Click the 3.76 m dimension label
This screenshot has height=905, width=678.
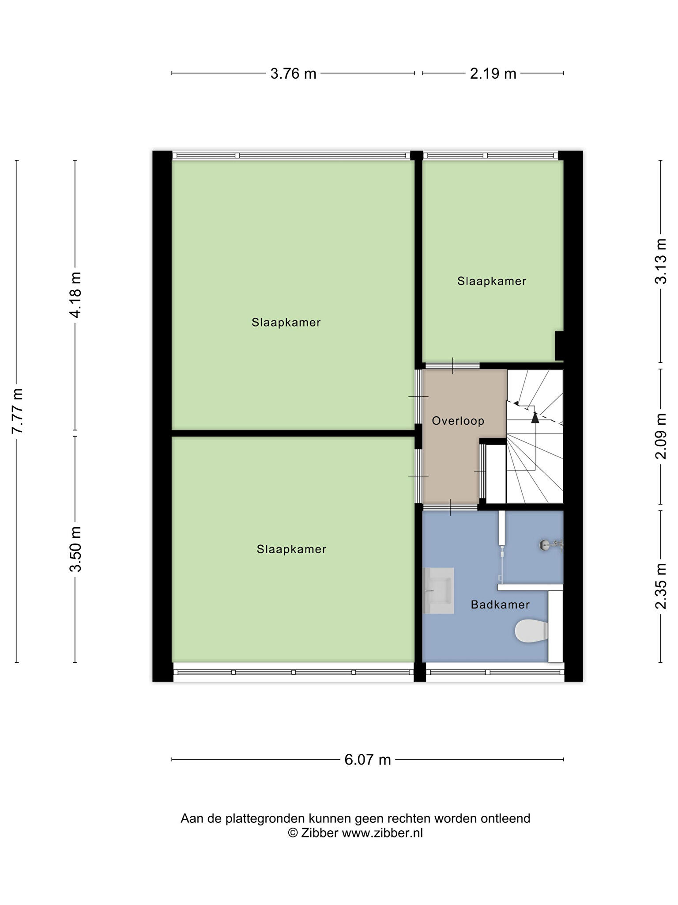[293, 73]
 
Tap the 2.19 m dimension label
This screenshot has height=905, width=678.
[493, 73]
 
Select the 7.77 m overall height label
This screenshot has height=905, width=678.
[17, 411]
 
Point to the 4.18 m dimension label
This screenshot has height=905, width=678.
[75, 295]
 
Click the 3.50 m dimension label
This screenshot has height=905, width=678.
[75, 549]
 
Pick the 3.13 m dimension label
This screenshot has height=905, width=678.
[661, 261]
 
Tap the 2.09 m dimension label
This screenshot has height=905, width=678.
[661, 436]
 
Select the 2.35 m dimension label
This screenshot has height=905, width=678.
[661, 586]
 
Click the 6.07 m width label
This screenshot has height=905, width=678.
[368, 760]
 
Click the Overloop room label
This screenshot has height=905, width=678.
[458, 421]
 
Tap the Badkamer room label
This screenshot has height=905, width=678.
[500, 605]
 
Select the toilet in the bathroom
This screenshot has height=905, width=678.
[531, 631]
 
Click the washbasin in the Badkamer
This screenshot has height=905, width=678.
[439, 591]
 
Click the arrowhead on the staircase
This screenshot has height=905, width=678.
[535, 417]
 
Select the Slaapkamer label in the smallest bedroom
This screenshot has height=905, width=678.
[492, 281]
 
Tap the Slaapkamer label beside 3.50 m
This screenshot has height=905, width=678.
[291, 549]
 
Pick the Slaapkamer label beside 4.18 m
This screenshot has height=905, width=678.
[286, 323]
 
